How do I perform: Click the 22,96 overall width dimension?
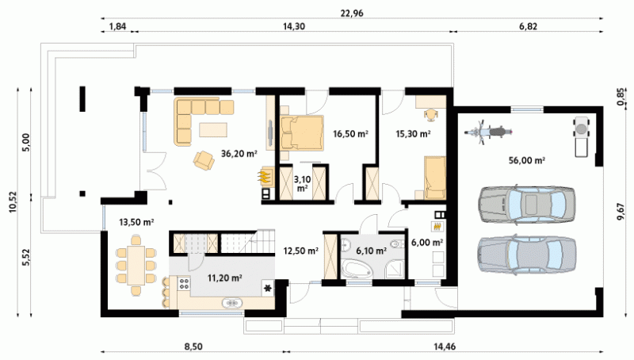click(x=352, y=13)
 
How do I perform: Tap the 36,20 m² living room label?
click(x=239, y=153)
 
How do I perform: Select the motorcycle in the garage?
click(x=488, y=132)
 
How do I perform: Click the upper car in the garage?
click(x=526, y=205)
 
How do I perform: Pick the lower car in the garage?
click(x=526, y=255)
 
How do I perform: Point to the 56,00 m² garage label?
click(x=527, y=160)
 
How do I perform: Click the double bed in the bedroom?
click(x=302, y=132)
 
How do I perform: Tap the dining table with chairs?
click(x=136, y=266)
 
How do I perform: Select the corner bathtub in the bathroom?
click(x=357, y=269)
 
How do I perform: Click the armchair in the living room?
click(x=204, y=160)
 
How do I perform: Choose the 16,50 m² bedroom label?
click(x=350, y=133)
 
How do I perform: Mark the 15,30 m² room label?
click(x=413, y=133)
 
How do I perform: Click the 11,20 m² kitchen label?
click(x=225, y=278)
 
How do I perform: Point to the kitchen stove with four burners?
click(x=184, y=283)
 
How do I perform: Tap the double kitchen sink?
click(x=232, y=303)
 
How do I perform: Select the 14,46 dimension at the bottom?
click(x=445, y=347)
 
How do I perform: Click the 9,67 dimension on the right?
click(x=621, y=212)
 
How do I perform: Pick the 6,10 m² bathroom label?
click(x=371, y=251)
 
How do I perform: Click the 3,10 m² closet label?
click(x=302, y=183)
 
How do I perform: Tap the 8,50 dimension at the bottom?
click(x=193, y=347)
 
